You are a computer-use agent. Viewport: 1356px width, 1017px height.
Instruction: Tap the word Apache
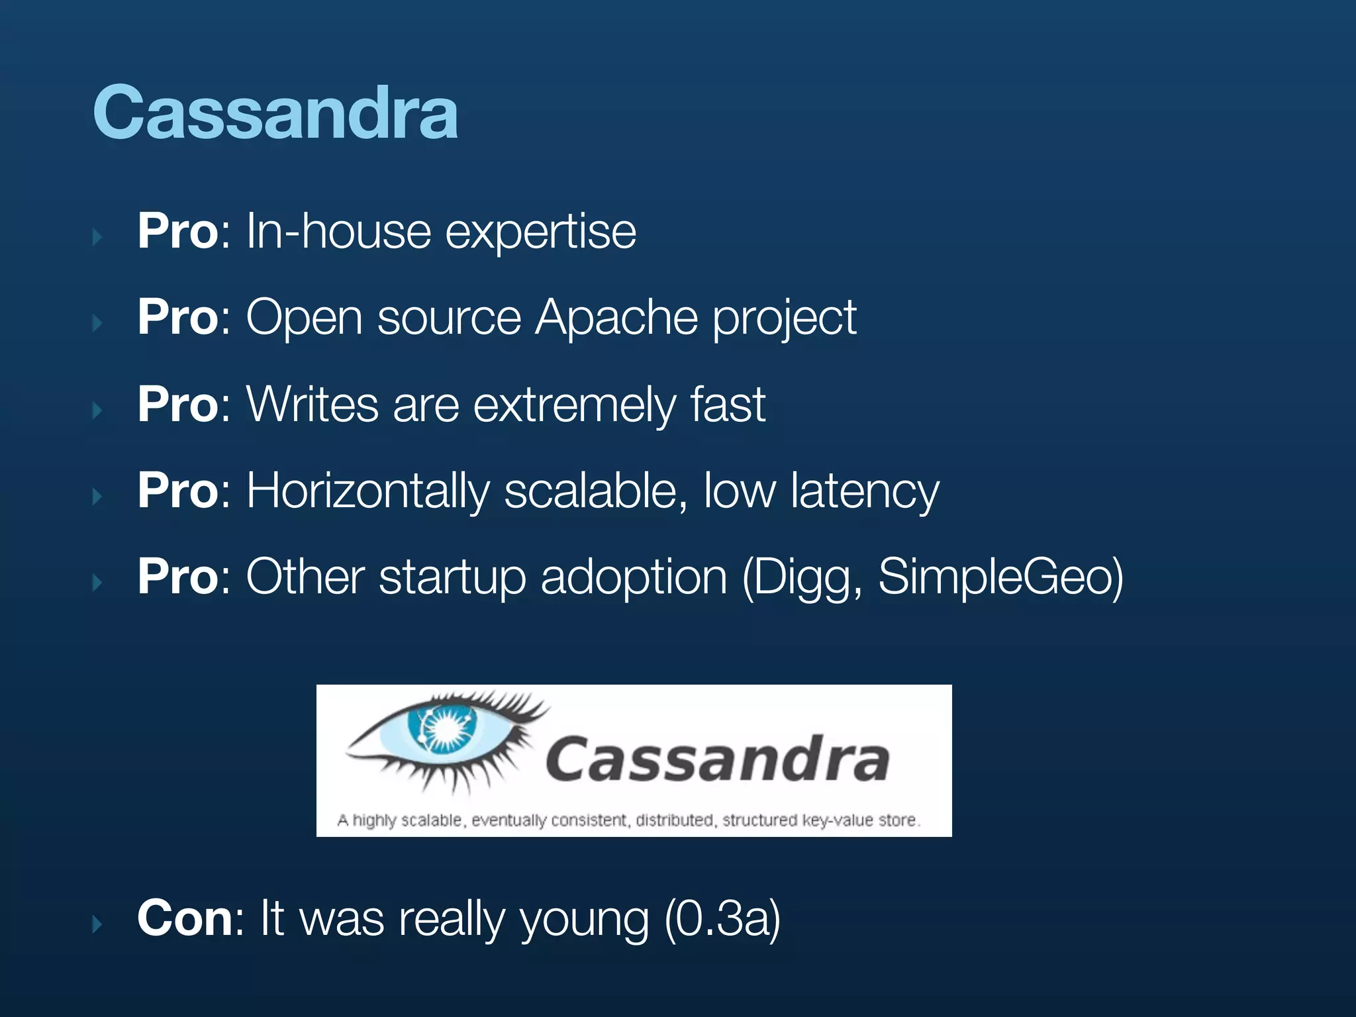[x=616, y=318]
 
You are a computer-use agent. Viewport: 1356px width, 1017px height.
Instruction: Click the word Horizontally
[x=367, y=491]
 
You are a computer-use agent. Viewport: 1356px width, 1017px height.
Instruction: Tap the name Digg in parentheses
[x=801, y=577]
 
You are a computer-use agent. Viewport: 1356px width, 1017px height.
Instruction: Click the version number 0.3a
[x=722, y=919]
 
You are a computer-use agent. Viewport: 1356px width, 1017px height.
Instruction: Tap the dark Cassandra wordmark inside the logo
[x=717, y=760]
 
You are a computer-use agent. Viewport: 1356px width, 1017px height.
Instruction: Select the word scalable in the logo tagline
[x=431, y=820]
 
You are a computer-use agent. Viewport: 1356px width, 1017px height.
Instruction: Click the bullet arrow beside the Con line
[x=97, y=923]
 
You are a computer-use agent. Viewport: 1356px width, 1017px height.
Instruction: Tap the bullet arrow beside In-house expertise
[x=97, y=237]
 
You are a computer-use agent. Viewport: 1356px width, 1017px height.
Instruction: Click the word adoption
[x=634, y=577]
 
